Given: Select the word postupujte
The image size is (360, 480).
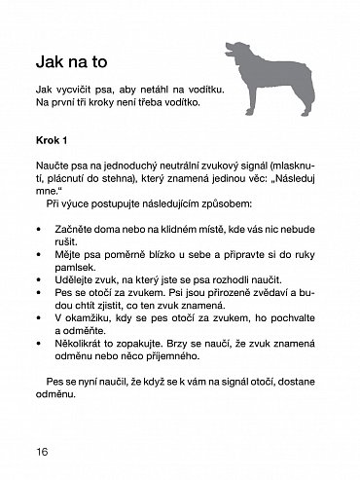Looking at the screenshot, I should pos(108,207).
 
